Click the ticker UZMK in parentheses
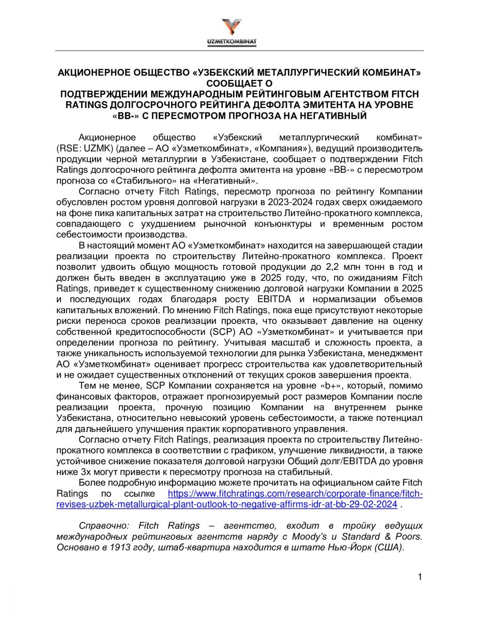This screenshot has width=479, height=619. [x=98, y=149]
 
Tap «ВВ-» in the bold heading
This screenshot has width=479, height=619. [x=124, y=116]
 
